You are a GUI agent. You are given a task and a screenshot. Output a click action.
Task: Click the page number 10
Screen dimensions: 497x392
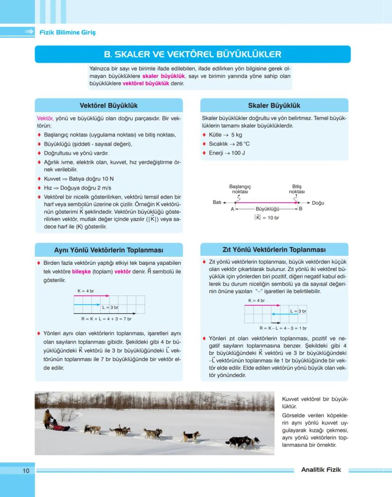tap(26, 470)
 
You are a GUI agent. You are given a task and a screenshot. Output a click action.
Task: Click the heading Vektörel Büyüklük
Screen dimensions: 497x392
tap(108, 105)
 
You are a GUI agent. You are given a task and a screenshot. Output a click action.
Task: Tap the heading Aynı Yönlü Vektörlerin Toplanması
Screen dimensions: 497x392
tap(108, 250)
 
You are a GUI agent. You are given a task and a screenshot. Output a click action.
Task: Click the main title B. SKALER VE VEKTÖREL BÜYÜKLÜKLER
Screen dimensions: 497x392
tap(192, 54)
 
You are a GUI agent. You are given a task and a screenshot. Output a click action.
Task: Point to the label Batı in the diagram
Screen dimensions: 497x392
tap(217, 202)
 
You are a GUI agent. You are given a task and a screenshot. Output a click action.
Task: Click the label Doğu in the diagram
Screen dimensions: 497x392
tap(318, 203)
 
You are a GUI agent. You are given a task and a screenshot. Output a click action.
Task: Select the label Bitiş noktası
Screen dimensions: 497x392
tap(297, 189)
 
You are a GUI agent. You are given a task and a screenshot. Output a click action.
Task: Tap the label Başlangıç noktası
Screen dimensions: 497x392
tap(240, 189)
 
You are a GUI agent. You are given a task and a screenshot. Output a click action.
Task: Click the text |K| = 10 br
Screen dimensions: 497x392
tap(267, 217)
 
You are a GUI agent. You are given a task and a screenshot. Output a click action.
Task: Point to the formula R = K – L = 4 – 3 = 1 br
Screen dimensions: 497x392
tap(283, 328)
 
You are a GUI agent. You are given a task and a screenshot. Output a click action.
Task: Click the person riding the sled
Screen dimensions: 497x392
tap(48, 418)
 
